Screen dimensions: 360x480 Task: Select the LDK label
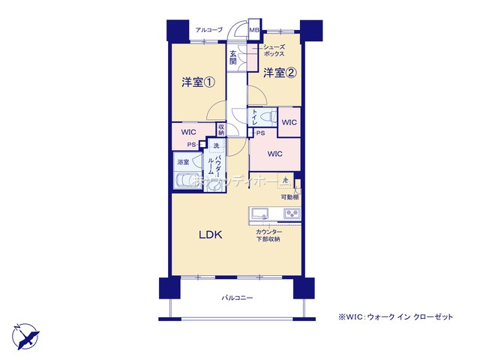pos(210,235)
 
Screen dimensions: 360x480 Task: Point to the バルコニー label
pos(236,298)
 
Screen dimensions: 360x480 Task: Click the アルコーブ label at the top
pos(209,30)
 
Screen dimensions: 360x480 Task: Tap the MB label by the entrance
pos(253,31)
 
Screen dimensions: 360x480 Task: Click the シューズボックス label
pos(274,51)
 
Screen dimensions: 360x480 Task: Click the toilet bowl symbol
pos(267,118)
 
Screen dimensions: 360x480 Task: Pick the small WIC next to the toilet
pos(289,121)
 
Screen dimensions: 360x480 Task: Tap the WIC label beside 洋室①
pos(189,133)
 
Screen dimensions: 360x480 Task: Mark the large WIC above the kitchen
pos(274,154)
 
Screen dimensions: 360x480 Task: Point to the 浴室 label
pos(182,162)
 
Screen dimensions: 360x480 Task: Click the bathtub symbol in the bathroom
pos(185,180)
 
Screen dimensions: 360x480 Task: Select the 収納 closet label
pos(221,130)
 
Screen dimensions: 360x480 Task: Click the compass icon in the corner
pos(23,334)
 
